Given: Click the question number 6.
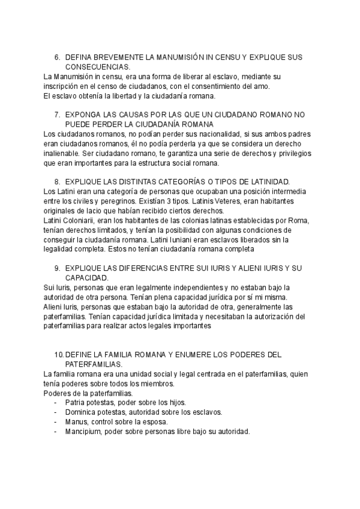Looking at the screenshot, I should click(57, 56).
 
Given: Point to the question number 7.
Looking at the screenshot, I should click(57, 114).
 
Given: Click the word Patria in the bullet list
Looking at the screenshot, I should click(76, 402).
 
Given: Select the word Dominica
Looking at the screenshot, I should click(81, 412).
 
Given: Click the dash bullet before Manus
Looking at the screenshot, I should click(56, 422).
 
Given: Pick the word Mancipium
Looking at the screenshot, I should click(83, 432).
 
